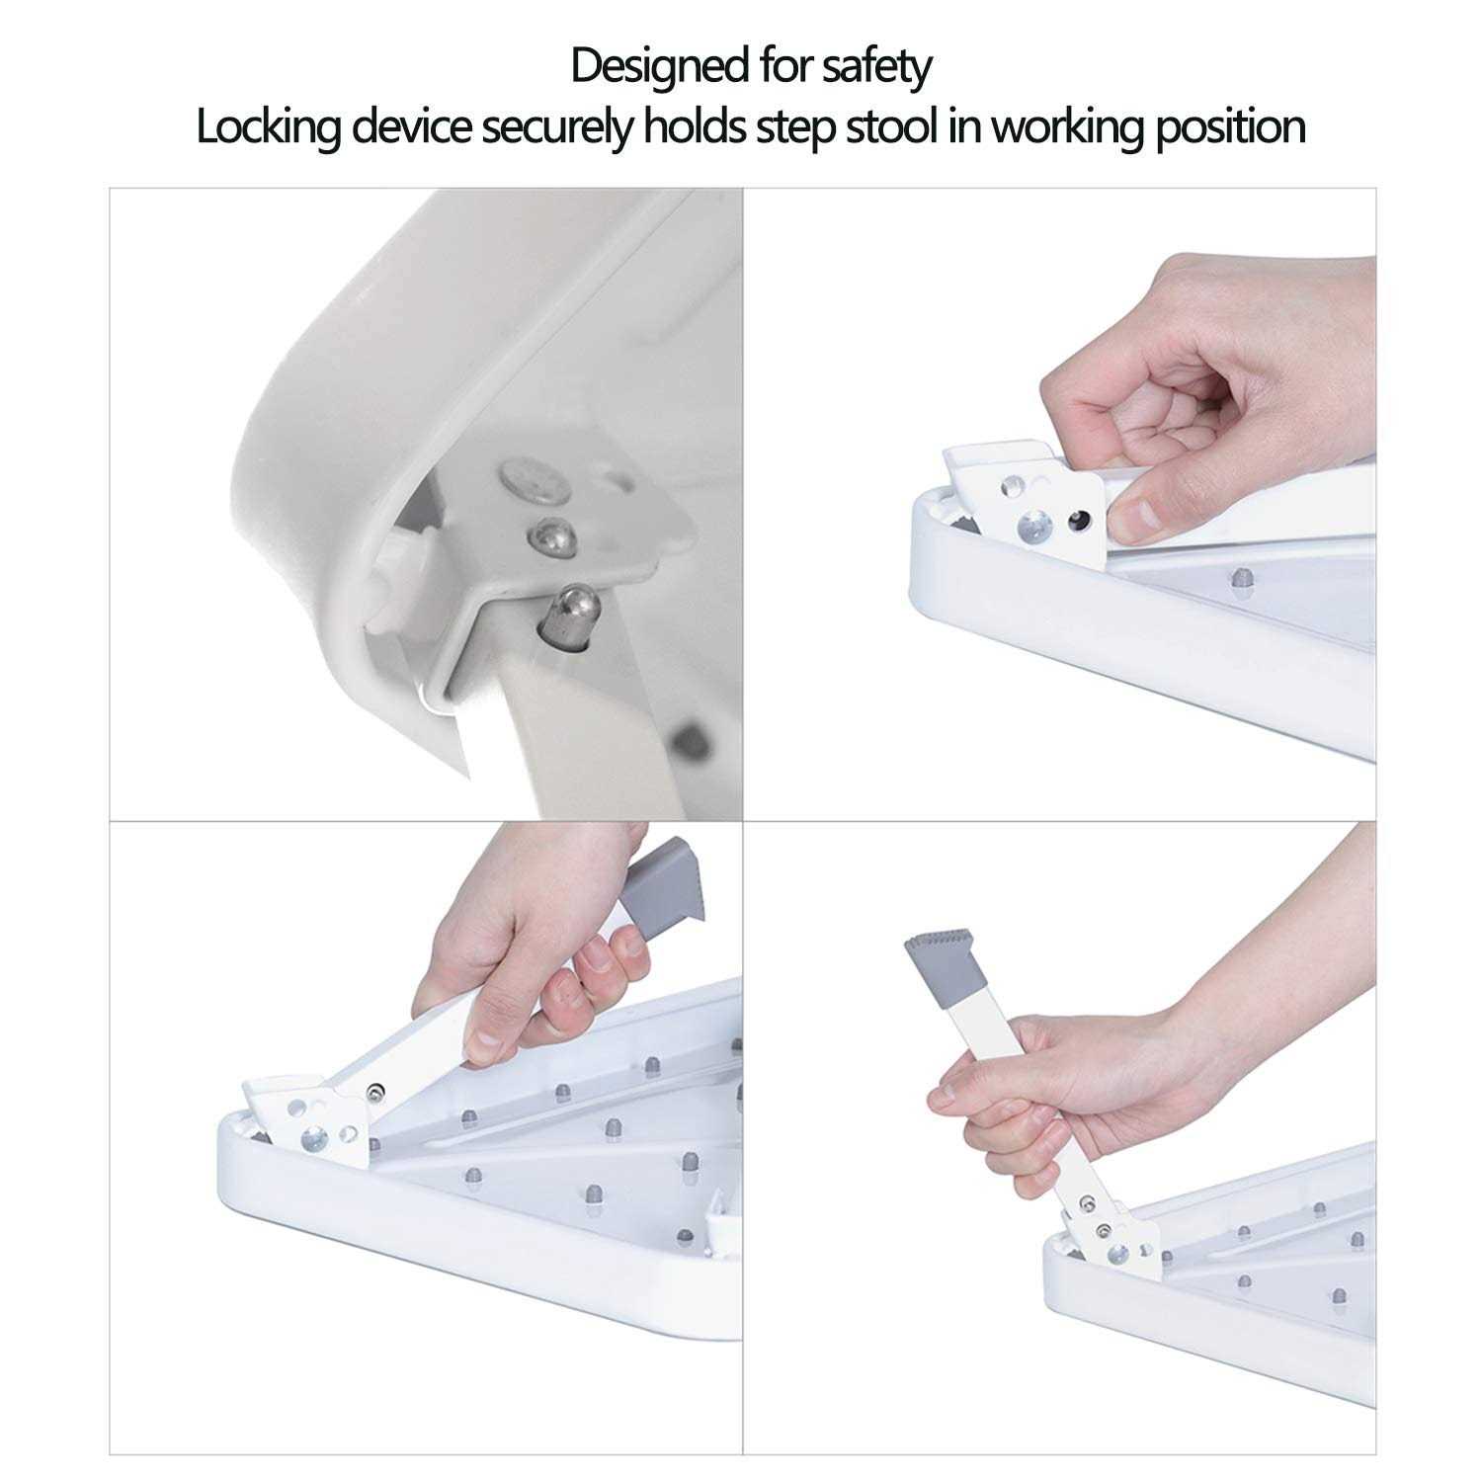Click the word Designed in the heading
tap(659, 66)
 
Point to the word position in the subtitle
tap(1230, 127)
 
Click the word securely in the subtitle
tap(556, 127)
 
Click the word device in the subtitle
tap(410, 127)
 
